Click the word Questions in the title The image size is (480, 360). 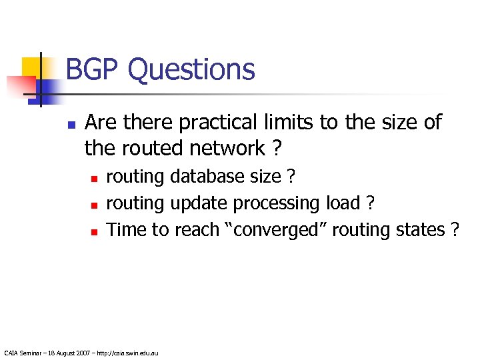click(191, 69)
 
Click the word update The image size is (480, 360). click(199, 203)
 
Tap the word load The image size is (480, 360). click(341, 203)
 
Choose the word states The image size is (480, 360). click(422, 229)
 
